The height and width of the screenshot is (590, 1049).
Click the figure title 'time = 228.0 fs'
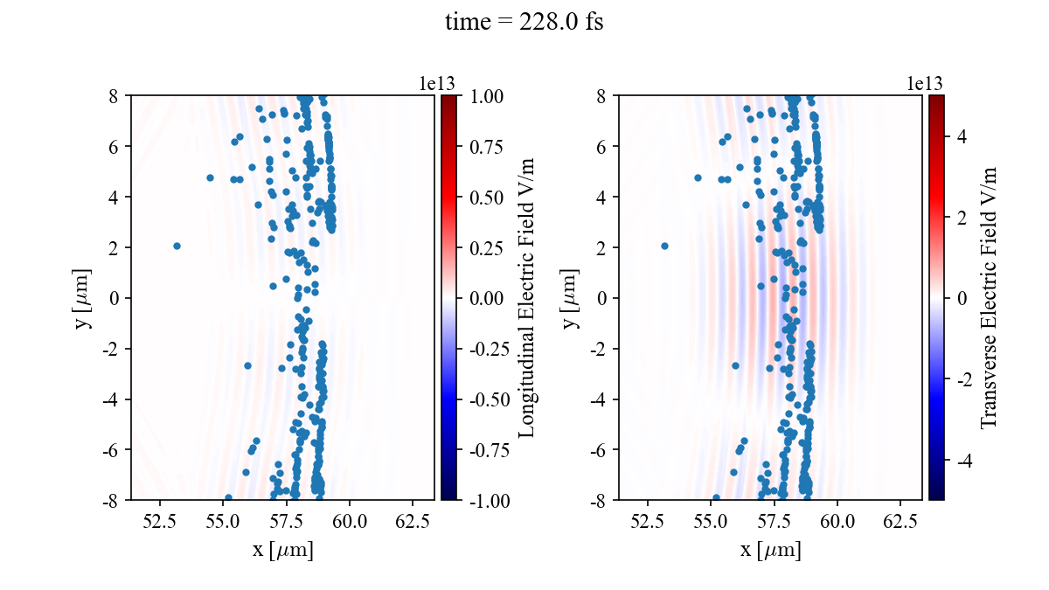pyautogui.click(x=524, y=22)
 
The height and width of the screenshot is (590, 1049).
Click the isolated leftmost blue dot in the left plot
pyautogui.click(x=177, y=246)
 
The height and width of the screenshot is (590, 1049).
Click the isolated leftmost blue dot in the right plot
pyautogui.click(x=664, y=246)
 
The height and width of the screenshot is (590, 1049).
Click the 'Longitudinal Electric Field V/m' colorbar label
pyautogui.click(x=527, y=298)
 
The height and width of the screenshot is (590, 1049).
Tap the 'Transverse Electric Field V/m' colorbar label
pyautogui.click(x=989, y=298)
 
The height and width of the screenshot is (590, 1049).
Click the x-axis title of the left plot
pyautogui.click(x=282, y=550)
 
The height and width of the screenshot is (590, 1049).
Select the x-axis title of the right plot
pyautogui.click(x=770, y=550)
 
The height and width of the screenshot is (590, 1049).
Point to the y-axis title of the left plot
pyautogui.click(x=83, y=298)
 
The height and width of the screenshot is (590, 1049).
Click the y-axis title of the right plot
pyautogui.click(x=571, y=298)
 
